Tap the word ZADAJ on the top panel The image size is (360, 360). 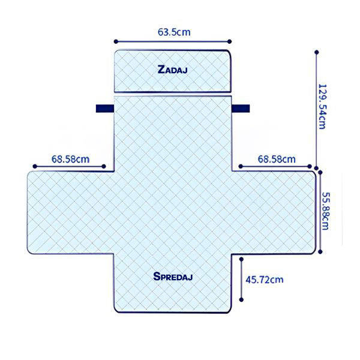pos(173,70)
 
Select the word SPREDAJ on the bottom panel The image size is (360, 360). pos(173,277)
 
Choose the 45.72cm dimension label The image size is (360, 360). pos(265,280)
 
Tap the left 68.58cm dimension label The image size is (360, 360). pos(70,159)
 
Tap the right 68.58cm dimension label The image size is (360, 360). pos(277,159)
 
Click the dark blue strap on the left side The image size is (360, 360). pos(104,109)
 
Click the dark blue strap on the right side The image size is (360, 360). pos(242,109)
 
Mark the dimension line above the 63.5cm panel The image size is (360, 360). pos(172,42)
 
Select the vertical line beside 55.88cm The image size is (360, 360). pos(322,213)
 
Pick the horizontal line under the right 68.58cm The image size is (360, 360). pos(276,167)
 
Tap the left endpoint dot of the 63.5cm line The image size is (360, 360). pos(115,42)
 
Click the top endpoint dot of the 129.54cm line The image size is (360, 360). pos(316,52)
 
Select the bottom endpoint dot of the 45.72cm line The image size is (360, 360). pos(241,301)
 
